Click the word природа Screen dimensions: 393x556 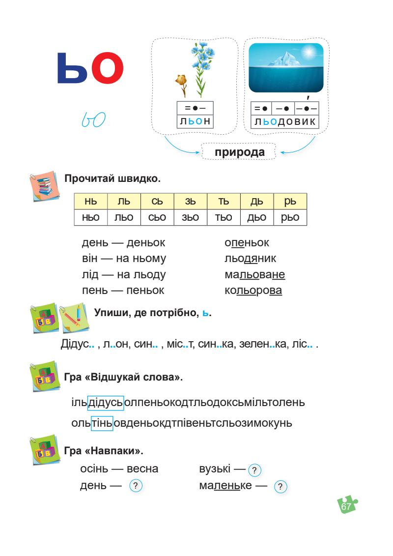pyautogui.click(x=240, y=152)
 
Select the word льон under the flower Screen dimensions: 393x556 pyautogui.click(x=195, y=121)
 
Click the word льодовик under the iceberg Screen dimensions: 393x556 pyautogui.click(x=284, y=121)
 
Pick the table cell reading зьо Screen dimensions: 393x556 pyautogui.click(x=190, y=217)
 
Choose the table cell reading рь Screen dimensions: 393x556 pyautogui.click(x=290, y=201)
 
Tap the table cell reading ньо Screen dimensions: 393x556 pyautogui.click(x=90, y=217)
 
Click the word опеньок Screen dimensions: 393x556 pyautogui.click(x=247, y=243)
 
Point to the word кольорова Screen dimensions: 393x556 pyautogui.click(x=253, y=291)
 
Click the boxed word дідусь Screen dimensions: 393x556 pyautogui.click(x=106, y=403)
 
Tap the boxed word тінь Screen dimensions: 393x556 pyautogui.click(x=102, y=423)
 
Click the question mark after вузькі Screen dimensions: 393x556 pyautogui.click(x=255, y=470)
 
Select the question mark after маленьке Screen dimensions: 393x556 pyautogui.click(x=280, y=487)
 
